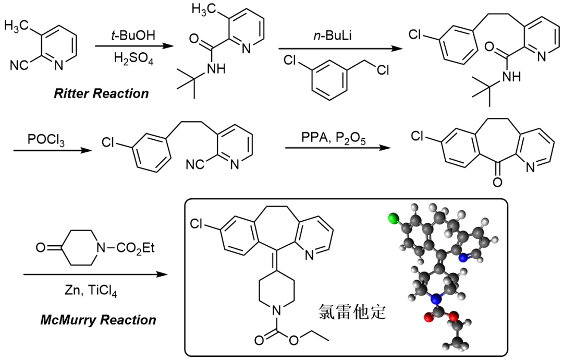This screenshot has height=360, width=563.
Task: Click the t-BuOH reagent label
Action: [x=133, y=35]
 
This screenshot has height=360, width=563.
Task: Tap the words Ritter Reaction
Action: [x=101, y=94]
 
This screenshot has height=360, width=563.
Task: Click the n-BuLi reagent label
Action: [x=333, y=36]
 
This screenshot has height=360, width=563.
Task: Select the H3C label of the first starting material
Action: [x=17, y=26]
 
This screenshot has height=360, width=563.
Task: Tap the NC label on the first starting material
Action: [x=19, y=66]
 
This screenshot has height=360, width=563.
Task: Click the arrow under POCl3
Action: [x=53, y=150]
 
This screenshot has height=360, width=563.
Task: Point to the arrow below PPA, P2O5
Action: [x=338, y=148]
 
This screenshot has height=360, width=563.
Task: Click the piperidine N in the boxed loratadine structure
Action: [x=276, y=309]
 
